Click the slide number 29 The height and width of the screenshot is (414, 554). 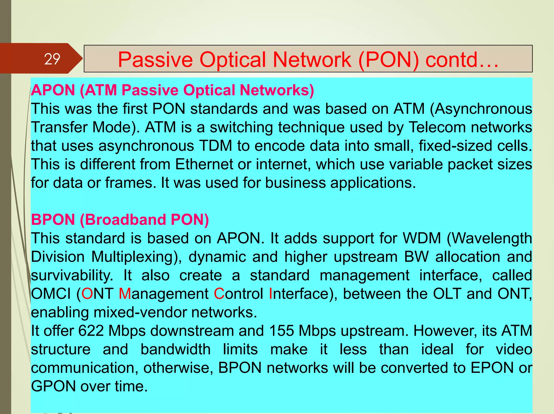pyautogui.click(x=52, y=59)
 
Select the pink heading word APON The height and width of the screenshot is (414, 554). pyautogui.click(x=53, y=90)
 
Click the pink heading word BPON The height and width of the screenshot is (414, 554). pyautogui.click(x=53, y=219)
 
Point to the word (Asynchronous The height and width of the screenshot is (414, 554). pyautogui.click(x=481, y=109)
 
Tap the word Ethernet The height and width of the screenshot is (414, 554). pyautogui.click(x=204, y=164)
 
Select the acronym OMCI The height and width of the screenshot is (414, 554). pyautogui.click(x=51, y=294)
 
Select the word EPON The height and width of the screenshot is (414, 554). pyautogui.click(x=492, y=368)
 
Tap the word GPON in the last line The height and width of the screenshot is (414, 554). pyautogui.click(x=53, y=386)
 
